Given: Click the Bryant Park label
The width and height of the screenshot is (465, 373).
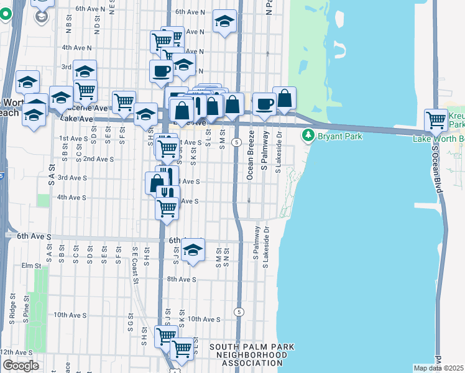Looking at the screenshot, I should coord(336,136).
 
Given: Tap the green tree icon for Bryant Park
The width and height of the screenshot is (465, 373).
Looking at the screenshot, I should coord(307,136).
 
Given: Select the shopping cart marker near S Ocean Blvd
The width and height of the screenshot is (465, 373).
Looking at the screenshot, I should coord(436,120).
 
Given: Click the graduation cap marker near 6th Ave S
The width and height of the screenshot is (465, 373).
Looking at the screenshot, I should coord(193,251).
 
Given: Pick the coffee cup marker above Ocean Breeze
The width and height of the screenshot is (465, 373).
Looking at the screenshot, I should coord(264,104).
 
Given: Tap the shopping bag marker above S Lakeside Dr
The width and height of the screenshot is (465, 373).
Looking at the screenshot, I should coord(284,99).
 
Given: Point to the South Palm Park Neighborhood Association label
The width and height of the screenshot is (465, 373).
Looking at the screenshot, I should coord(252,354).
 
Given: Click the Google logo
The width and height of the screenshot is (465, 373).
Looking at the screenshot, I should coord(20,366).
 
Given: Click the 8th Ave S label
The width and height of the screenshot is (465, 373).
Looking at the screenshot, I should coord(182,280).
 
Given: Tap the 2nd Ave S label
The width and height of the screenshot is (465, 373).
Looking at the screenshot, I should coord(98,159).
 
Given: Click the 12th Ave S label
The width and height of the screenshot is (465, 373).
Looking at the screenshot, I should coord(16,352).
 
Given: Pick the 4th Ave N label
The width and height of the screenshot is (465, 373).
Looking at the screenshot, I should coord(77,47).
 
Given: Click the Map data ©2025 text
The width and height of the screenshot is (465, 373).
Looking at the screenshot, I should coord(439,368).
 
